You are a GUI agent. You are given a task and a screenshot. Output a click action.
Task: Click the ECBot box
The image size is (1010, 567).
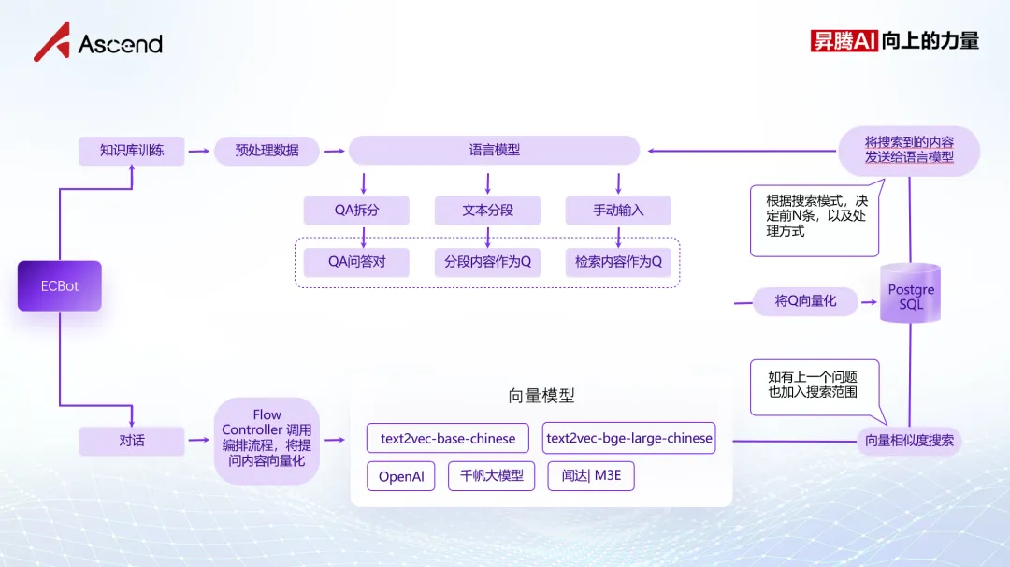(59, 286)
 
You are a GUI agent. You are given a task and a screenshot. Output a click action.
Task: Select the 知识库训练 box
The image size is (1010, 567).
(132, 151)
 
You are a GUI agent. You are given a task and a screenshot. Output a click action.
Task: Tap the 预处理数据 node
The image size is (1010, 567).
(267, 151)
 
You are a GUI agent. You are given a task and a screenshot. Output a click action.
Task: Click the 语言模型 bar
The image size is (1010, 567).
(494, 151)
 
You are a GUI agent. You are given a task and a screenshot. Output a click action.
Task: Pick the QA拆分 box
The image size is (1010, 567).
(356, 211)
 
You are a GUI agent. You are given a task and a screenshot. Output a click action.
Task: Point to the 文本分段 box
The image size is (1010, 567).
(487, 211)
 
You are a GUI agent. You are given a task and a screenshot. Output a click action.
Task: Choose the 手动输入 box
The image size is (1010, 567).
(618, 211)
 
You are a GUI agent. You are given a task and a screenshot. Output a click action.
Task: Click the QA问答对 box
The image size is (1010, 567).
(356, 262)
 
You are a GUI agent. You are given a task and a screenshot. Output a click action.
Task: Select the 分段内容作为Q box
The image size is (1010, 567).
(487, 262)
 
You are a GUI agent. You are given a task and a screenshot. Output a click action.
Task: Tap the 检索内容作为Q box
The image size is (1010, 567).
(618, 262)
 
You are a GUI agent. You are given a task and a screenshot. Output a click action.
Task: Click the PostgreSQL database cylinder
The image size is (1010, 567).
(910, 295)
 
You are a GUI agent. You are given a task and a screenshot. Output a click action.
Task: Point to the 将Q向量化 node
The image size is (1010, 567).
(805, 301)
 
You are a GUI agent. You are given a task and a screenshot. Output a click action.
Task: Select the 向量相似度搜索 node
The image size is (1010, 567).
(909, 441)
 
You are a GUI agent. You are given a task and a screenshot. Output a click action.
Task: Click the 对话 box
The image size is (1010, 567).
(132, 441)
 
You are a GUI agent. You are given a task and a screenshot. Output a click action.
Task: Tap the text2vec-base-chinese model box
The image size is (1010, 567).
(448, 438)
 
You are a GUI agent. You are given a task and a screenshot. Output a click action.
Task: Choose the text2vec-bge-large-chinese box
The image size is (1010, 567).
(628, 438)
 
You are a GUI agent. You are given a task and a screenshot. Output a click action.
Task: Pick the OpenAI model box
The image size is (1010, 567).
(401, 477)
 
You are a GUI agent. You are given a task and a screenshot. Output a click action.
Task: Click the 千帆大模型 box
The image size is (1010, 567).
(491, 477)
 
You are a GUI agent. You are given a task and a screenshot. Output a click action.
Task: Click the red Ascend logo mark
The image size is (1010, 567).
(51, 42)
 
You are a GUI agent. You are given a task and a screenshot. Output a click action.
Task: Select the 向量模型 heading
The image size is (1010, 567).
(541, 396)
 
